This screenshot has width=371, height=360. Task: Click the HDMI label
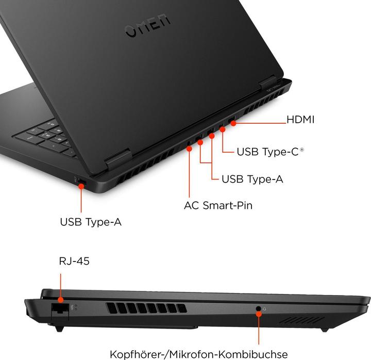tap(300, 120)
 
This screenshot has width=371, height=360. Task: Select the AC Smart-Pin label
tap(218, 205)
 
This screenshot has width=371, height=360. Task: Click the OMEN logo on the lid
tap(147, 29)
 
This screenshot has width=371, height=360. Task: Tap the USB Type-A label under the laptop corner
tap(91, 222)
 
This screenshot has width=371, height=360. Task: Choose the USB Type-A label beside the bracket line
tap(252, 179)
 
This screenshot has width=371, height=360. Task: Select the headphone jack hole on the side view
tap(259, 309)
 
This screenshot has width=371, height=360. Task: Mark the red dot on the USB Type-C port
tap(223, 129)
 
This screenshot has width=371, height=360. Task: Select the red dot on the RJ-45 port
tap(60, 300)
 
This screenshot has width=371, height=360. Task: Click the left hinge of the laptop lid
tap(117, 160)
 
